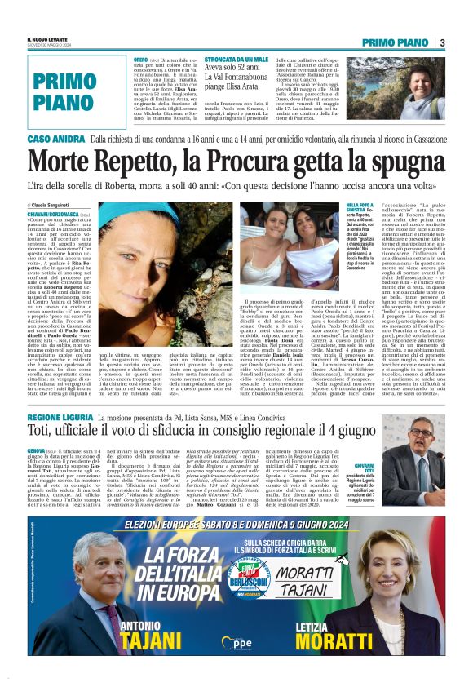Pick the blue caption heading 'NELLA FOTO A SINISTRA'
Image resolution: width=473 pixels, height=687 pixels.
tap(383, 210)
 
